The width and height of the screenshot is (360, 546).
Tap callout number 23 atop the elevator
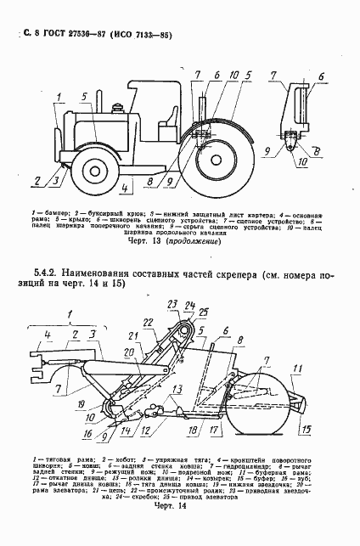point(171,305)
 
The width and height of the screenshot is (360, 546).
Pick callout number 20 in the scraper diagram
point(130,353)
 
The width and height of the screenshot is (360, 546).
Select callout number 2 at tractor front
point(37,180)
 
